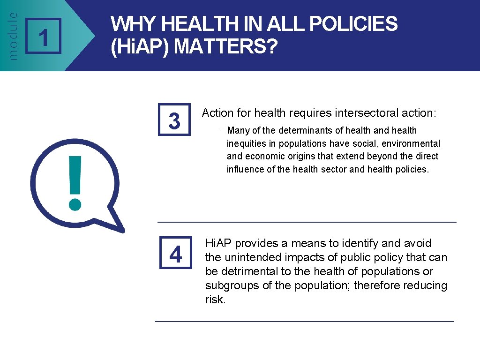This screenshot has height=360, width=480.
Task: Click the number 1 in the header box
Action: (x=43, y=37)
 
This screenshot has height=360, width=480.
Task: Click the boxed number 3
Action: (x=174, y=120)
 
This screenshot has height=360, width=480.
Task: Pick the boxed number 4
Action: (x=175, y=255)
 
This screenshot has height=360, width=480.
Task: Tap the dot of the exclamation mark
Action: (x=75, y=203)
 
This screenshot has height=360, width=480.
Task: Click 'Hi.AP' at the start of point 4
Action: (x=219, y=243)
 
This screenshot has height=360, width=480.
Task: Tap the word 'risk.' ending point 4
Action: (x=216, y=300)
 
